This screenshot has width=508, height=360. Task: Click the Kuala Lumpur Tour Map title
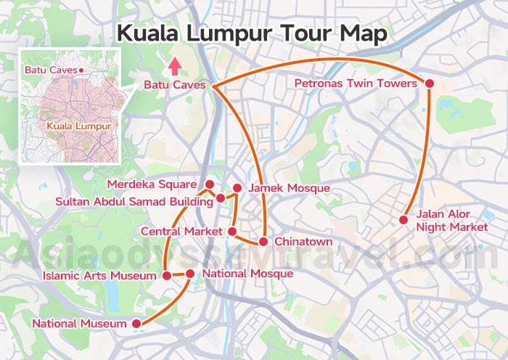click(253, 33)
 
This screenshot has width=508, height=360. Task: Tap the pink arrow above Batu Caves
click(174, 67)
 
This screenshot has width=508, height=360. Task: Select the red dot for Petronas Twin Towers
click(429, 84)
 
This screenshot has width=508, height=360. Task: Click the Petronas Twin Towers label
click(356, 84)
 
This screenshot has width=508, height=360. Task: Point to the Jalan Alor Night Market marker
click(403, 220)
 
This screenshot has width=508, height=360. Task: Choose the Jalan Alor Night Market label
click(443, 221)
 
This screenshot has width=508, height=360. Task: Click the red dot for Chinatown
click(265, 241)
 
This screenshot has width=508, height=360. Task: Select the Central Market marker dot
click(232, 232)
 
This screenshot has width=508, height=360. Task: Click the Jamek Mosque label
click(289, 189)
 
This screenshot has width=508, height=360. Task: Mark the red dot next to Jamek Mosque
click(237, 188)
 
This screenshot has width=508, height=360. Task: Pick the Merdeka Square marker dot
click(209, 184)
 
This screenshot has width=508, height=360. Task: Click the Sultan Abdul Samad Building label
click(134, 200)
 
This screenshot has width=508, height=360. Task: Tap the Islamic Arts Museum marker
click(166, 276)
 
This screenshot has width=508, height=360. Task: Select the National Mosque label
click(247, 274)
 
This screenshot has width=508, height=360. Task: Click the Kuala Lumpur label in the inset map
click(78, 126)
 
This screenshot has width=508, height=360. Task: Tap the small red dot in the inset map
click(82, 70)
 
